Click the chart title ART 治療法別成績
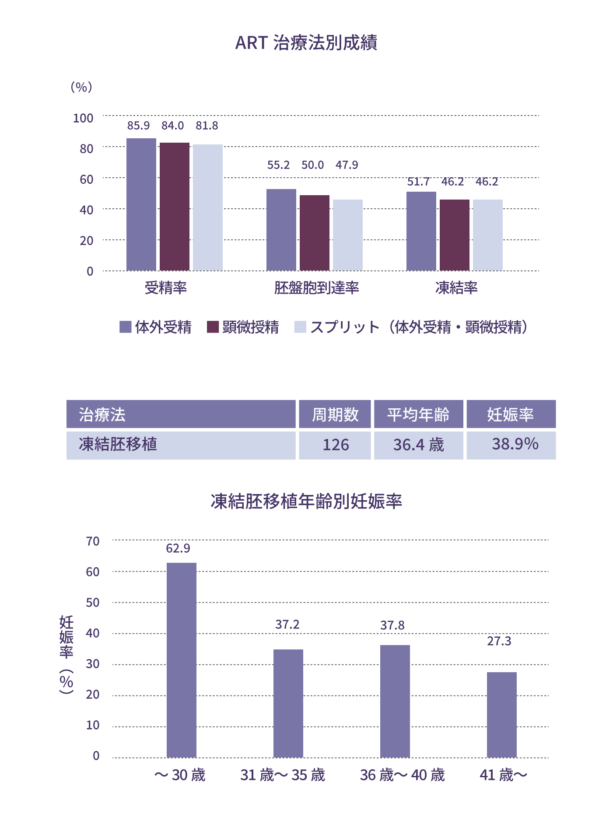point(306,43)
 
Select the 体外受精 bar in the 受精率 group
point(141,204)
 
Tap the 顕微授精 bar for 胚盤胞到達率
point(315,233)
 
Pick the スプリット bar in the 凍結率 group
point(488,235)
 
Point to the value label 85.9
point(138,126)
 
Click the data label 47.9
point(347,165)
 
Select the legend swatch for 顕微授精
point(213,327)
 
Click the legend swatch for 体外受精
point(126,327)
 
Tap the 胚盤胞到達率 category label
point(316,288)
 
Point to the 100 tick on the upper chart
point(83,118)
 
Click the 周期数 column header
point(335,414)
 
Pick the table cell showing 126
point(335,445)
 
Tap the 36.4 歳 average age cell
point(418,445)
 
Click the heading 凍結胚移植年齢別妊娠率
point(306,502)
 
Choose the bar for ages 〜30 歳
point(182,660)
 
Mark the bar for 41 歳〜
point(502,715)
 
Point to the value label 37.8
point(392,625)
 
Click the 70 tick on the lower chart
point(93,541)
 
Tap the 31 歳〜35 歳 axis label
point(283,775)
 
